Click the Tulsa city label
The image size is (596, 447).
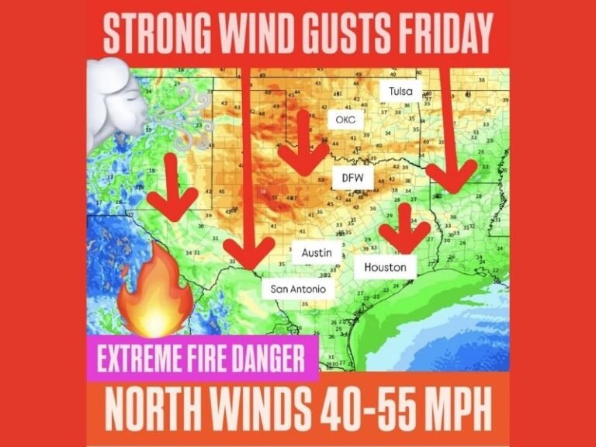(401, 91)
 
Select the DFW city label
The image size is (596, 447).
(353, 178)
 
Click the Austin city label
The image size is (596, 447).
(317, 253)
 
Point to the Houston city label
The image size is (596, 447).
(386, 267)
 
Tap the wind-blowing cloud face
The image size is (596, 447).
(124, 101)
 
